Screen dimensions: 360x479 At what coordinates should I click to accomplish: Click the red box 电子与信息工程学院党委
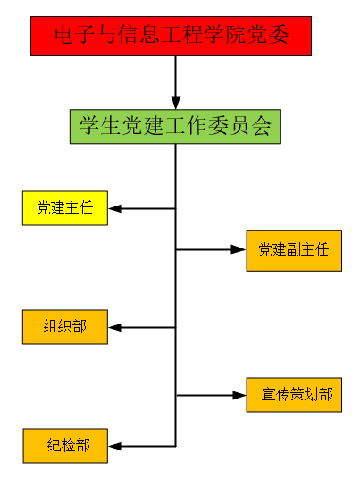(x=171, y=36)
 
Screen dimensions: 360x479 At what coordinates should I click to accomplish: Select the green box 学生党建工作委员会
(x=175, y=127)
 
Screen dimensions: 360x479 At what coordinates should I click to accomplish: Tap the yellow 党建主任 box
(x=65, y=208)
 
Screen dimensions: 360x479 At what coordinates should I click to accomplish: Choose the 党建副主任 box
(x=294, y=250)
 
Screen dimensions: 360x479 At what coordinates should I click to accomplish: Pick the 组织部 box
(x=65, y=327)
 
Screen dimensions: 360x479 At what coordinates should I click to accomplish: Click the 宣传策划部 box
(x=294, y=395)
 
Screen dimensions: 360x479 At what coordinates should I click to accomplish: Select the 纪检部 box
(x=65, y=446)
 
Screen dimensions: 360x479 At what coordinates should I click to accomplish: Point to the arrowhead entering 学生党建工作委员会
(x=176, y=103)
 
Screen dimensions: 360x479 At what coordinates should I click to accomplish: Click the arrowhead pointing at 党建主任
(x=115, y=208)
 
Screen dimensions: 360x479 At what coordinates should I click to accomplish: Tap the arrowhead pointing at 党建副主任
(x=239, y=249)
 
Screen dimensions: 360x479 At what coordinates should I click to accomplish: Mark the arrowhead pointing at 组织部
(x=115, y=327)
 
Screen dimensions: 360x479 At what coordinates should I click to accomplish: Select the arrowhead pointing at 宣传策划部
(x=239, y=395)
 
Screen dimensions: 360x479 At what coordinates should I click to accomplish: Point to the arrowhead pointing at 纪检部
(x=115, y=446)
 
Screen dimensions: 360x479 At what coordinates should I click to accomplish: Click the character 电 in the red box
(x=64, y=34)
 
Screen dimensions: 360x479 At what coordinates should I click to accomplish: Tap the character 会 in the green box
(x=262, y=126)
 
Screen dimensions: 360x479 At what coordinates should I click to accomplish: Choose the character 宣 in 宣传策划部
(x=268, y=394)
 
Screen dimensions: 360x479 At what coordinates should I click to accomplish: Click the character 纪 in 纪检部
(x=54, y=445)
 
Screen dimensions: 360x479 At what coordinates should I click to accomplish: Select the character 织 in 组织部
(x=64, y=326)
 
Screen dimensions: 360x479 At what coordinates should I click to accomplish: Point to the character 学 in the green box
(x=89, y=126)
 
